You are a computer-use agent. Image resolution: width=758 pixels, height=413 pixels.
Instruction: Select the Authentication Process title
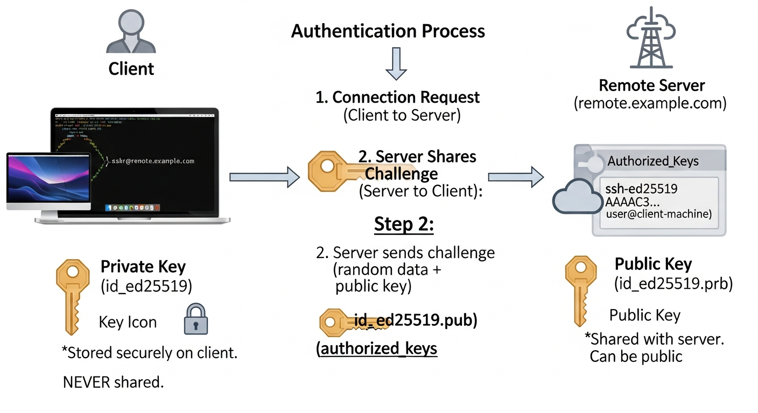(x=388, y=31)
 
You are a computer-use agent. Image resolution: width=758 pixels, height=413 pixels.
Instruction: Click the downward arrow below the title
(x=396, y=63)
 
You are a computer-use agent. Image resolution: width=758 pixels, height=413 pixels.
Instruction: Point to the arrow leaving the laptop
(x=264, y=177)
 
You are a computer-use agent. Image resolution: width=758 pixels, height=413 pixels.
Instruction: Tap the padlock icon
(x=195, y=319)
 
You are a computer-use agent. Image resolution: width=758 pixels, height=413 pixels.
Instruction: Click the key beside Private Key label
(x=72, y=296)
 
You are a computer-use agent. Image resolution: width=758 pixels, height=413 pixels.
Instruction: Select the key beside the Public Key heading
(x=580, y=290)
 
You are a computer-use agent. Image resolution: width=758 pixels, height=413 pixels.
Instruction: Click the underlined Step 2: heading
(x=404, y=225)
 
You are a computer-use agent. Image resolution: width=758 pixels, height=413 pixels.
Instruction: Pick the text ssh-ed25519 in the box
(x=641, y=189)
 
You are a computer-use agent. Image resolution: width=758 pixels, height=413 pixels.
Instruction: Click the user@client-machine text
(x=658, y=214)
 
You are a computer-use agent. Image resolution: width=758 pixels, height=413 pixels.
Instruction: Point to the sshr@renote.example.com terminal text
(x=152, y=161)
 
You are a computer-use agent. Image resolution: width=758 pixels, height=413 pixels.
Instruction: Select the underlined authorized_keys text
(x=377, y=348)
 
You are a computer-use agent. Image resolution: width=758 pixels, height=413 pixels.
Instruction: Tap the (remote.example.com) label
(x=650, y=103)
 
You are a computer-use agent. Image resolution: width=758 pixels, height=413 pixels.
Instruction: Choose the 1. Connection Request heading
(x=397, y=97)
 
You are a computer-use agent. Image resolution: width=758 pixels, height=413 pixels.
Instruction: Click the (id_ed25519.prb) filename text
(x=673, y=283)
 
